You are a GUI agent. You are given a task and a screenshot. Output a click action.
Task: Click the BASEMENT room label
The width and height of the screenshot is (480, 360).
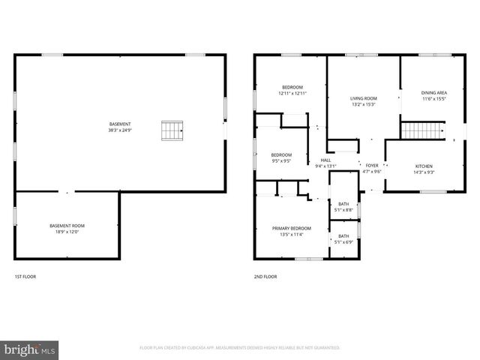coord(120,124)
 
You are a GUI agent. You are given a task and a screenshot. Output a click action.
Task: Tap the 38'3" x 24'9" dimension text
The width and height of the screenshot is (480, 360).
coord(120,130)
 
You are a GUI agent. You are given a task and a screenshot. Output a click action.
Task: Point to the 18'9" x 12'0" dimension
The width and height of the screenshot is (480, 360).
coord(67,232)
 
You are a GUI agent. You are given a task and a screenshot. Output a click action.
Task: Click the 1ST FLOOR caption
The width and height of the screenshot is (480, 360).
coord(25,277)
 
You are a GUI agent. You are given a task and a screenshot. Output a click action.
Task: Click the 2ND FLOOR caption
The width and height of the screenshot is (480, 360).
coord(265,277)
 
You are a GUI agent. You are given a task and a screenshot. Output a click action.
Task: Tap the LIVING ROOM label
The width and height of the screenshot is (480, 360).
coord(364,98)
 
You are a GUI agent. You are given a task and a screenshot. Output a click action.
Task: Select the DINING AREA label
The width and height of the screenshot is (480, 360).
coord(433,92)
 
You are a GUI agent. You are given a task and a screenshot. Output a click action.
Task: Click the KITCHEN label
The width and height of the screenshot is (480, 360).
coord(424,166)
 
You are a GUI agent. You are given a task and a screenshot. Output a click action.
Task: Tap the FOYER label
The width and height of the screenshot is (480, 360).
coord(372,165)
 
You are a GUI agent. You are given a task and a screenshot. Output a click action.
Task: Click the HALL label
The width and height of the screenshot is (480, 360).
coord(325,160)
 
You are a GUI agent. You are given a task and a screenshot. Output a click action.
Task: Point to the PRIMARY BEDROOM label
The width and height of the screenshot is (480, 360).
coord(291,228)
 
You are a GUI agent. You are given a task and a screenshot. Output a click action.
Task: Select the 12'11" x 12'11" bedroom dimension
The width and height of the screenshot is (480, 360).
coord(292,93)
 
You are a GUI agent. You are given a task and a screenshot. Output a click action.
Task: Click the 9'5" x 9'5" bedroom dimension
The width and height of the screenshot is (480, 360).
coord(281,160)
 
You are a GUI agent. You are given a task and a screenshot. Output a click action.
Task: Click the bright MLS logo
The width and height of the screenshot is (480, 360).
coord(30,349)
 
